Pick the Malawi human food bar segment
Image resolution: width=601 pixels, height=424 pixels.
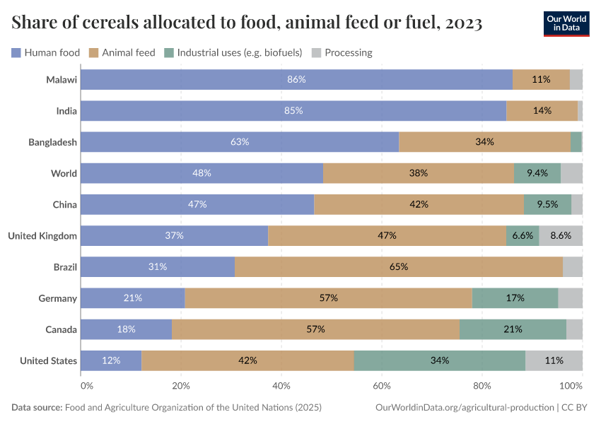[x=296, y=80]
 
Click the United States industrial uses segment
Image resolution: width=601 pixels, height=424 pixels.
[x=439, y=360]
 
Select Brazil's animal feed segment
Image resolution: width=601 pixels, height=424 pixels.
[x=398, y=267]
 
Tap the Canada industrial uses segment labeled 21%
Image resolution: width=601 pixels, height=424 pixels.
[x=513, y=329]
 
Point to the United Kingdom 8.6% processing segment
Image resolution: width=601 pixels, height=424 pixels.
[x=561, y=236]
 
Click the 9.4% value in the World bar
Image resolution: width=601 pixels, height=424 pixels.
[x=537, y=173]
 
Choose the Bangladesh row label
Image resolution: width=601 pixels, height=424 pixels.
[x=52, y=142]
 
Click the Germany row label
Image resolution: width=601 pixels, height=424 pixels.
[x=57, y=298]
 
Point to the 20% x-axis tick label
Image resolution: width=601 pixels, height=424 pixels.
[x=181, y=386]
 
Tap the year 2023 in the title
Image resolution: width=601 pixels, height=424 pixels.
[x=463, y=23]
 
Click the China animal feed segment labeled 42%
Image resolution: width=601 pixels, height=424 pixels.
[x=419, y=205]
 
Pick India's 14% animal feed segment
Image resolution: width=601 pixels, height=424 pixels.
[x=542, y=111]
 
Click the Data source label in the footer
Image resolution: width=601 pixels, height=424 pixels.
[x=37, y=408]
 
